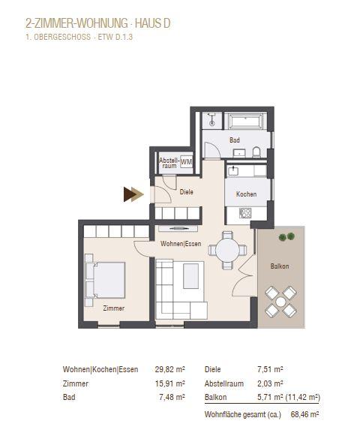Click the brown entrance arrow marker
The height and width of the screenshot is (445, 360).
[133, 195]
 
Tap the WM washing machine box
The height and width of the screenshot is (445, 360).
[186, 162]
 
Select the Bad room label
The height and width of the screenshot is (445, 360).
[235, 140]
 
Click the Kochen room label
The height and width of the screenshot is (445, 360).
[247, 194]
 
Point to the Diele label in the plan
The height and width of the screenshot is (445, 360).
[186, 192]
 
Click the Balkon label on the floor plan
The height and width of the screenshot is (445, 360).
[280, 266]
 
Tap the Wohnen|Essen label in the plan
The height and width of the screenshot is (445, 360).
[180, 245]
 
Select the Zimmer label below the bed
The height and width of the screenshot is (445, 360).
[114, 308]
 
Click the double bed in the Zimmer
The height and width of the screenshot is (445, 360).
[105, 278]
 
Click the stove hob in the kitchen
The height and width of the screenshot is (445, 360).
[245, 213]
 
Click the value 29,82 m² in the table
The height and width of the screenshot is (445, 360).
[169, 369]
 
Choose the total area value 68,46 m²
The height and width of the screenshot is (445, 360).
[304, 414]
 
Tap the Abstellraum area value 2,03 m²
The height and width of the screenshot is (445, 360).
[268, 383]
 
